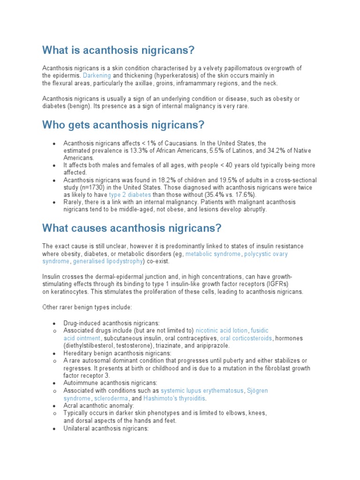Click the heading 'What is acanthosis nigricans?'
[118, 50]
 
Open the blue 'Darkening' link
[97, 75]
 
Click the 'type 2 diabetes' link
[130, 195]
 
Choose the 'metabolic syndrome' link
[213, 254]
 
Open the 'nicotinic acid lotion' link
[221, 330]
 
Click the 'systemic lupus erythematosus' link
[202, 390]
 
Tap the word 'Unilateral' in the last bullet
[77, 428]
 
